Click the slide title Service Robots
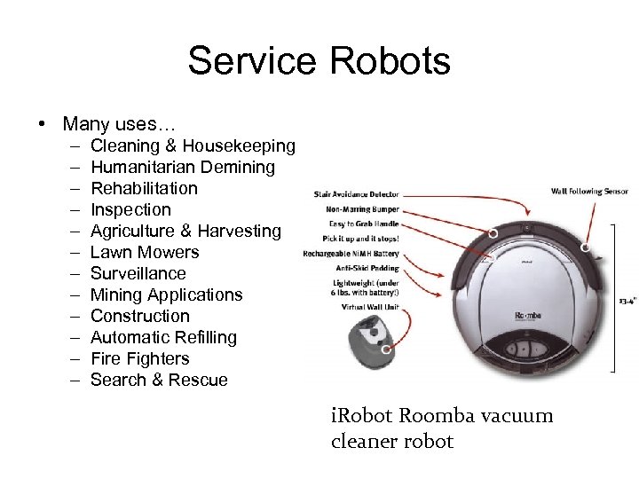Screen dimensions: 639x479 (319, 62)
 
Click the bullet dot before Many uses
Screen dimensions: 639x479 (42, 123)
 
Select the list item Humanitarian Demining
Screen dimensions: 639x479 (183, 167)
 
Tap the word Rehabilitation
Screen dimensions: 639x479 (144, 188)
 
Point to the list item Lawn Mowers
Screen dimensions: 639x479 (145, 252)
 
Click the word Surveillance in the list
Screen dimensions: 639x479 (138, 273)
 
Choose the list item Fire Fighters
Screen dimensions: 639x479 (140, 358)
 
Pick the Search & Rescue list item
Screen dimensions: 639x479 (159, 380)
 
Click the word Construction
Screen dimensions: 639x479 (140, 316)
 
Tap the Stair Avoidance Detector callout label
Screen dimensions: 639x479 (355, 194)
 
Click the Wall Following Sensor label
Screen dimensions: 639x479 (588, 191)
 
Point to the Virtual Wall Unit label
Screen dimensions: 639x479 (370, 306)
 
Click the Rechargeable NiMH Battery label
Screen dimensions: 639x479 (351, 254)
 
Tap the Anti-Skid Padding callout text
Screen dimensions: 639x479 (367, 268)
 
